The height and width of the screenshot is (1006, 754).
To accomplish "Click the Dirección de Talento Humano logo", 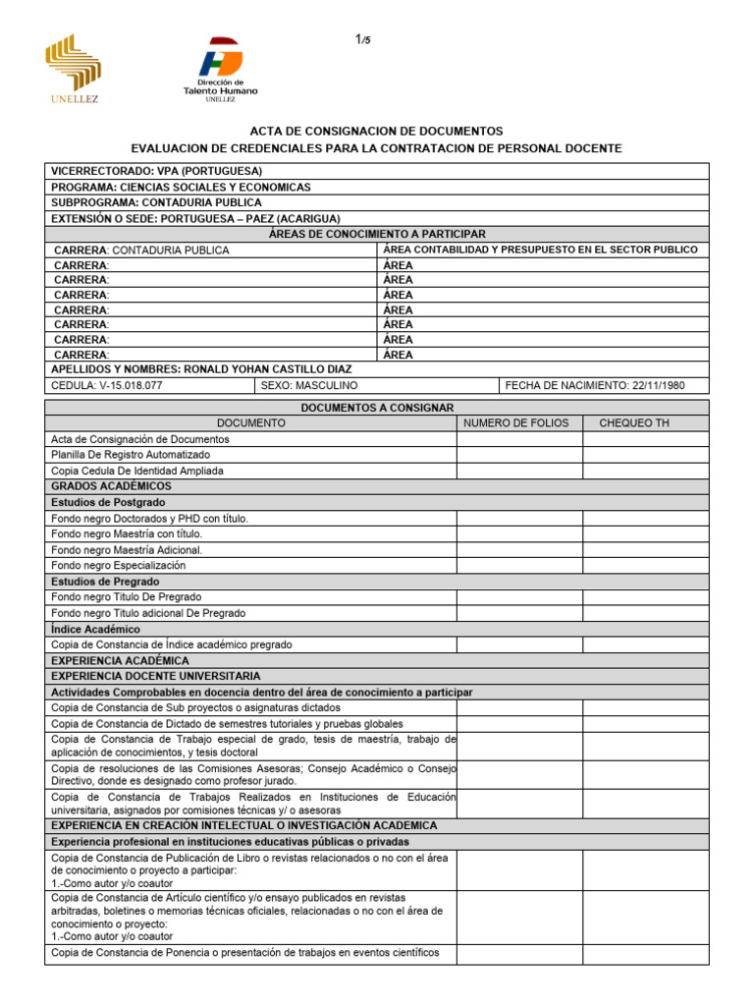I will click(x=220, y=69).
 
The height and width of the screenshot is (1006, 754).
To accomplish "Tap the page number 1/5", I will click(x=362, y=39).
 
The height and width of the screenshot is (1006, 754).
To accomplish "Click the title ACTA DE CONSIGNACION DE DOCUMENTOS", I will click(x=376, y=131).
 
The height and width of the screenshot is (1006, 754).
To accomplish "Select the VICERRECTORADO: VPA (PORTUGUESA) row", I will click(x=157, y=171).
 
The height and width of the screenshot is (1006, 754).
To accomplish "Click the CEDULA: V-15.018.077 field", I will click(x=107, y=386).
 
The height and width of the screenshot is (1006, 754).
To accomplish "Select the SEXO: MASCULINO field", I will click(x=309, y=386).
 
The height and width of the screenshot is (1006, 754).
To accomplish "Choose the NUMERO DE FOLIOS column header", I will click(x=518, y=422).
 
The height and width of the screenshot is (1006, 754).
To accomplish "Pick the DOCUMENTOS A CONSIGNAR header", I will click(x=376, y=407).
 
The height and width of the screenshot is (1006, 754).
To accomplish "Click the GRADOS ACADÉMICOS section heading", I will click(x=111, y=486).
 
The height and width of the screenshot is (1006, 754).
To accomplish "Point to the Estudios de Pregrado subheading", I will click(x=105, y=582).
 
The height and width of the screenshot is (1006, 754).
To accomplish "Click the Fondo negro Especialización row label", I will click(x=118, y=566).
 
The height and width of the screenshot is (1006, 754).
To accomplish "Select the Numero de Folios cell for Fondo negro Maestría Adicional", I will click(x=518, y=550).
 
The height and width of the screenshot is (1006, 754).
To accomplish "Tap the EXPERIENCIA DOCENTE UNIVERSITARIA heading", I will click(x=156, y=677).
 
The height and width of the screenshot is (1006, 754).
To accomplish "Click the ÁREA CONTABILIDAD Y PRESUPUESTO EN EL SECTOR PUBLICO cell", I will click(x=540, y=250).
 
